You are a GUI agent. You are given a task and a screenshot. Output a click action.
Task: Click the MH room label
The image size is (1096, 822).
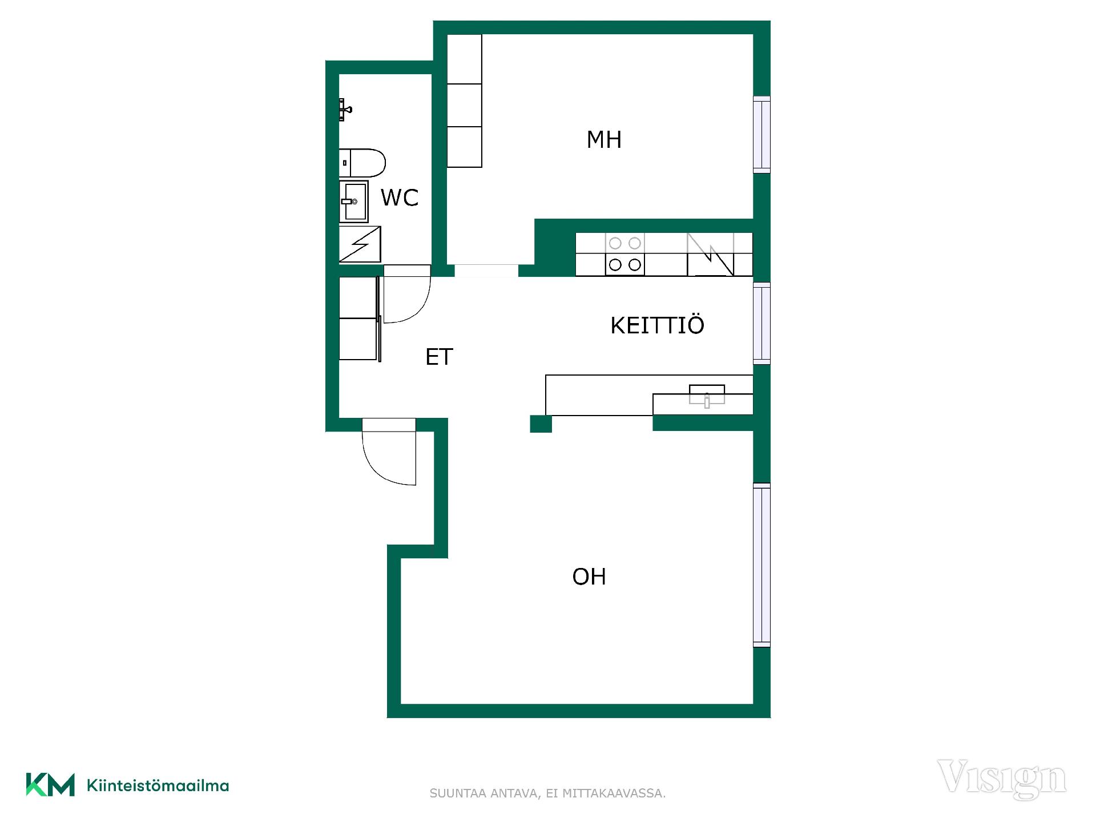604,140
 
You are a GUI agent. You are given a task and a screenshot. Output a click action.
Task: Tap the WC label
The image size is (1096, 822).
400,198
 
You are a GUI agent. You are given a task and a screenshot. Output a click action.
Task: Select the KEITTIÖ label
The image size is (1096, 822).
657,325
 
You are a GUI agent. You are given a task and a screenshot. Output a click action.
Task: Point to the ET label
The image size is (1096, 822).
439,357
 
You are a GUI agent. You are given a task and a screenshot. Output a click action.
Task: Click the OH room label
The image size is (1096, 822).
589,577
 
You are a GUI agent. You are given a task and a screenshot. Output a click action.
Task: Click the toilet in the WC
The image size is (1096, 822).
362,163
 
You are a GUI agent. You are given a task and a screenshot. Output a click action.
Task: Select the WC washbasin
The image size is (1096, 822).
353,202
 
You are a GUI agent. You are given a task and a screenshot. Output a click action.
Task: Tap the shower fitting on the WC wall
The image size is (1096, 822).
345,110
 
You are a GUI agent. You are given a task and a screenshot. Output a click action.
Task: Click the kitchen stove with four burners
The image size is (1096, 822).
625,254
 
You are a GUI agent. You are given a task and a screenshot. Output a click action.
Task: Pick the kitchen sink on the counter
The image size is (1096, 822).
707,395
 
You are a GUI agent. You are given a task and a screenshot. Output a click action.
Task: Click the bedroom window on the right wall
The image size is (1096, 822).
761,134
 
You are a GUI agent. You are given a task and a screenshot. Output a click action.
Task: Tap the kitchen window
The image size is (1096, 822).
761,323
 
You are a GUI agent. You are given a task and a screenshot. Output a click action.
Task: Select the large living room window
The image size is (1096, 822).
761,565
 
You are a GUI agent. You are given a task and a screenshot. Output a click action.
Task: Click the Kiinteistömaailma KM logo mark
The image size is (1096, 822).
50,785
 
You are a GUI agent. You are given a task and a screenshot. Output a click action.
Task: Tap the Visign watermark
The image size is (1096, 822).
1002,779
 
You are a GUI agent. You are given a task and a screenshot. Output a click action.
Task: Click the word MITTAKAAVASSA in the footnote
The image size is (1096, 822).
614,793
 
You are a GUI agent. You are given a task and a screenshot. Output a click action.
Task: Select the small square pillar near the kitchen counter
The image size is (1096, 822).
541,424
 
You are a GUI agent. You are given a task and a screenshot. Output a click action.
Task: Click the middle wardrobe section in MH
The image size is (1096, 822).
464,105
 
